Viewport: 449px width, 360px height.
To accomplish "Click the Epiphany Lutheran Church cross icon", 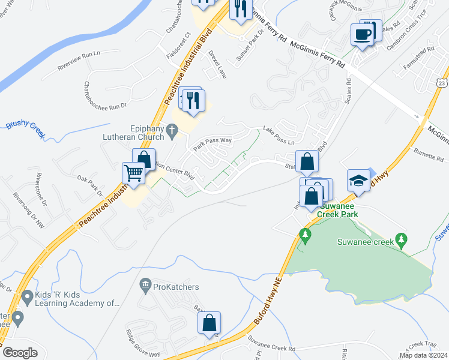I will (171, 129).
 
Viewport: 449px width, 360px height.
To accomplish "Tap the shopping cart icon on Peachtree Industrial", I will (134, 173).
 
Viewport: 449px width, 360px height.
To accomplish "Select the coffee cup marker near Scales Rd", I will (362, 34).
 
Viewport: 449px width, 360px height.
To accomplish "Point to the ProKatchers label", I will (176, 287).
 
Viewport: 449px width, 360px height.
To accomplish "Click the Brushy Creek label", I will (26, 129).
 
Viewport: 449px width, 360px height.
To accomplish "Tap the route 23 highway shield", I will (441, 82).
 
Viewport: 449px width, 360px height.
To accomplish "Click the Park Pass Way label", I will (212, 144).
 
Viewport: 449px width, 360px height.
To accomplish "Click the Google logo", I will (20, 353).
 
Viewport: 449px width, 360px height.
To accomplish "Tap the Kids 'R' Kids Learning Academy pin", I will (27, 296).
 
